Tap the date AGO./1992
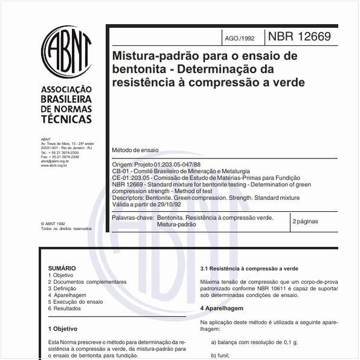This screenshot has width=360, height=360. pyautogui.click(x=240, y=38)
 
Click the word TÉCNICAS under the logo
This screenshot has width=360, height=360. pyautogui.click(x=67, y=119)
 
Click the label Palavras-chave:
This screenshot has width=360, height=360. pyautogui.click(x=132, y=217)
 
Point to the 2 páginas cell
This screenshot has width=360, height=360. pyautogui.click(x=305, y=221)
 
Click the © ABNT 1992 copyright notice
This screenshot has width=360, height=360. pyautogui.click(x=53, y=224)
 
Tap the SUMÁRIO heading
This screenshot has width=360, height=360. pyautogui.click(x=62, y=267)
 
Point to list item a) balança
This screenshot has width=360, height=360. pyautogui.click(x=254, y=342)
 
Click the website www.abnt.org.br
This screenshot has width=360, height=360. pyautogui.click(x=54, y=165)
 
